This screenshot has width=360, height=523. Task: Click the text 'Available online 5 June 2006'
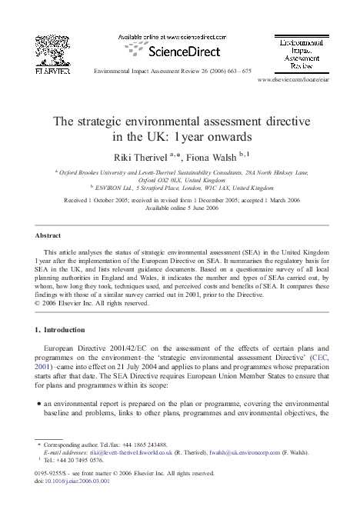click(180, 208)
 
